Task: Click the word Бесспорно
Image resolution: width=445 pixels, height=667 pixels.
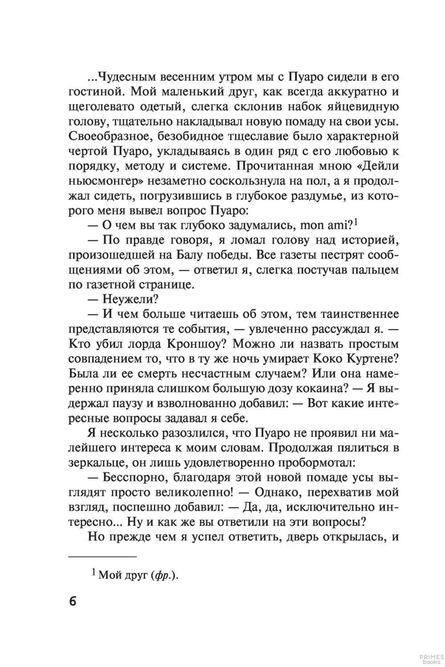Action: coord(134,477)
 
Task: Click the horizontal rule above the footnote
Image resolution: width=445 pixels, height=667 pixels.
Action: coord(102,556)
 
